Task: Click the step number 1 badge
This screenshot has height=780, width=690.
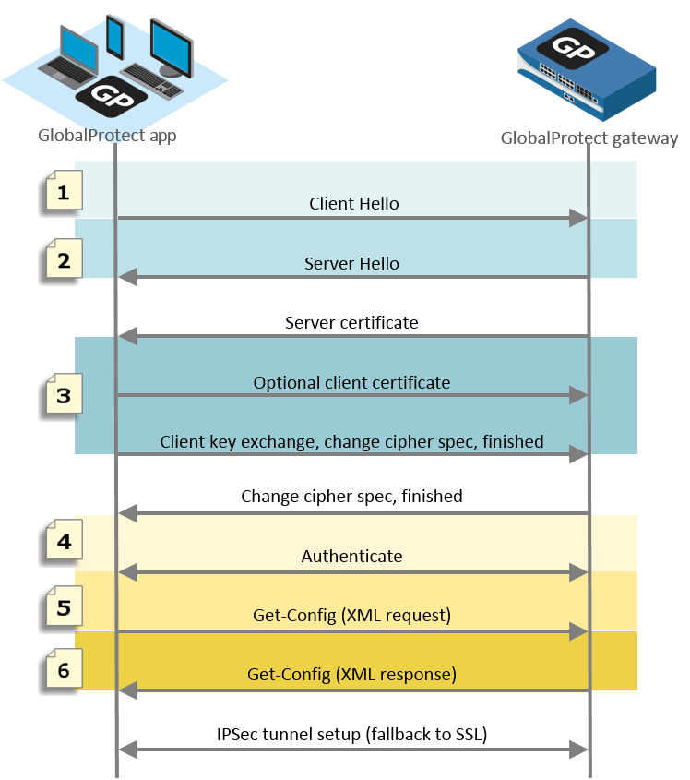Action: [63, 193]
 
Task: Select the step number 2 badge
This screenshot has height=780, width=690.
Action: [63, 260]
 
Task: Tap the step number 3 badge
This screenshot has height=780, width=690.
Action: [63, 396]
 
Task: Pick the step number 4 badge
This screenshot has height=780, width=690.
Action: [63, 542]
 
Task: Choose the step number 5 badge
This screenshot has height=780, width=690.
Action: [63, 608]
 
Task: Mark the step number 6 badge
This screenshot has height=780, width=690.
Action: [63, 669]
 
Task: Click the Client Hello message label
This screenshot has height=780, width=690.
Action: [354, 203]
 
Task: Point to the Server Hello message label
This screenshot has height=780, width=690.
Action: [351, 263]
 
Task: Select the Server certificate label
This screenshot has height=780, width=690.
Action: [351, 323]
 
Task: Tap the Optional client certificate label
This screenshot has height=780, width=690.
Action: [351, 382]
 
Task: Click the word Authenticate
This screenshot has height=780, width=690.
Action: [351, 557]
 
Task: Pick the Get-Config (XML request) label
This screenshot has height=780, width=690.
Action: [351, 616]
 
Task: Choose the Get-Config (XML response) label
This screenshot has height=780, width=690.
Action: [351, 675]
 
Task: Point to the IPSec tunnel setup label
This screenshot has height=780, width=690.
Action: [351, 735]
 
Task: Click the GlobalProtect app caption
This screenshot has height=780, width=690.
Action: [107, 136]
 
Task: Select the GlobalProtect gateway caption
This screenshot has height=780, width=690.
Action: [589, 138]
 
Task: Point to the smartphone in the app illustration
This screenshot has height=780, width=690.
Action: [115, 37]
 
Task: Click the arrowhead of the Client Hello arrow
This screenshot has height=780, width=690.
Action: [579, 218]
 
